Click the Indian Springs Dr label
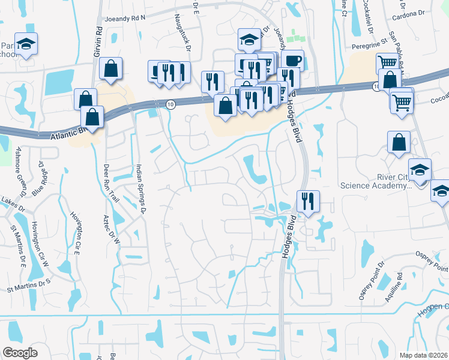[x=142, y=187]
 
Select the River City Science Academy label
[x=376, y=181]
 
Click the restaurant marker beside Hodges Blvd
[x=308, y=201]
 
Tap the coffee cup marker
[x=292, y=61]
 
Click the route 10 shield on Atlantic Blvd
[x=171, y=104]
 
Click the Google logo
[x=20, y=353]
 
